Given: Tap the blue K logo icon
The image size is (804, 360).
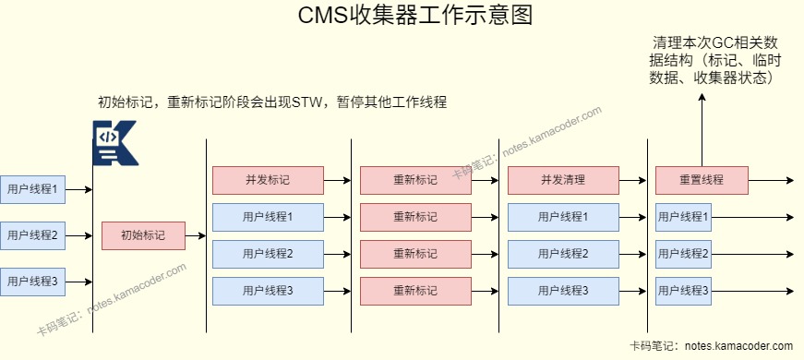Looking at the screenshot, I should tap(115, 142).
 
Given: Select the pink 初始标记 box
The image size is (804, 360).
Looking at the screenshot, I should tap(143, 236).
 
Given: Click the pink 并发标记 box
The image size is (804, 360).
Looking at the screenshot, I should tap(268, 180).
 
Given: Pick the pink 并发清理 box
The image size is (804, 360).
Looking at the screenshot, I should tap(563, 180).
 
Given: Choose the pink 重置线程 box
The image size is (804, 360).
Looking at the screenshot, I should tap(701, 180).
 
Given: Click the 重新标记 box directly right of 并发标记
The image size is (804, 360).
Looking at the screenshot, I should tap(415, 180).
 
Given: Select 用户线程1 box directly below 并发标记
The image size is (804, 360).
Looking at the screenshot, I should tap(268, 218).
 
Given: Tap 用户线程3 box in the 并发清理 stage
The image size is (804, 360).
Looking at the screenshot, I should tap(563, 292).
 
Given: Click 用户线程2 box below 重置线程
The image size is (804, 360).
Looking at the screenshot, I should tap(683, 254).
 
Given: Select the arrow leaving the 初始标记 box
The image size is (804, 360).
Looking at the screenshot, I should tap(195, 236).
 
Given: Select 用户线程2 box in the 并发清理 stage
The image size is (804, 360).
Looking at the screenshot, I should tap(563, 254).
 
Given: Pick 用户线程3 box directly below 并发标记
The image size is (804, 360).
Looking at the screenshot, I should tap(268, 292).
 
